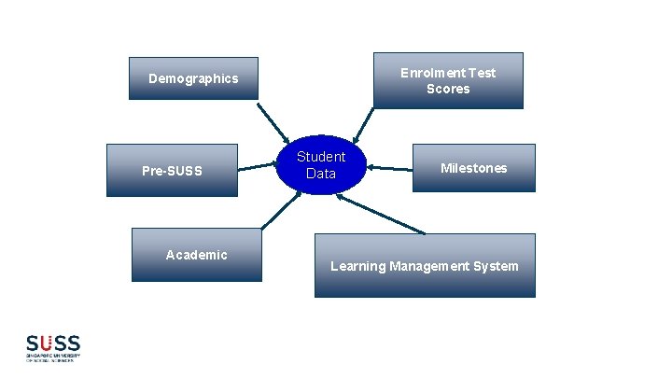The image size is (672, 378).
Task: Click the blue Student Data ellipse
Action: [x=321, y=164]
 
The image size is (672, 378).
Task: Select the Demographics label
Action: [x=193, y=78]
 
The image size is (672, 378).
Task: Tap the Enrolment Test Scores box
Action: [x=448, y=80]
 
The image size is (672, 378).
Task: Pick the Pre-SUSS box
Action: [x=172, y=170]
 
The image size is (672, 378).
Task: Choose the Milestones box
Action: [x=474, y=168]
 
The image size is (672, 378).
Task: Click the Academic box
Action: [x=196, y=254]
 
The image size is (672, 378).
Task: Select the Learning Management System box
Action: [x=425, y=266]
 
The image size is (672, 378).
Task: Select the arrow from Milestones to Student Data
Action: [x=390, y=168]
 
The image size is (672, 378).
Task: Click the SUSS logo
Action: [x=53, y=347]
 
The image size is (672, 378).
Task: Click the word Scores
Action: [x=448, y=89]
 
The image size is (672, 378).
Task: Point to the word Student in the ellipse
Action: [x=321, y=157]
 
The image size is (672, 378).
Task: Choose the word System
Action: [x=497, y=266]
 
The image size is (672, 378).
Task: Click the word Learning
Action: [x=357, y=266]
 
